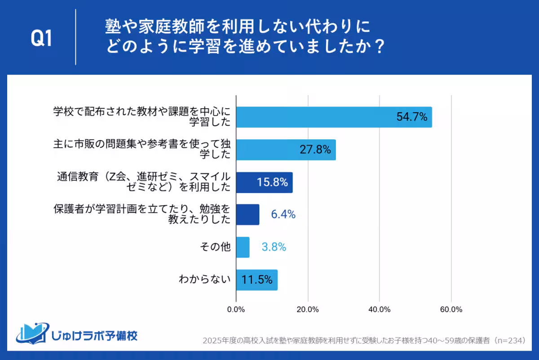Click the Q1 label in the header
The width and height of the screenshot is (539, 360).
click(41, 39)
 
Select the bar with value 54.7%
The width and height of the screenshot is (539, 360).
click(334, 117)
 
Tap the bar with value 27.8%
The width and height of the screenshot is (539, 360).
click(286, 150)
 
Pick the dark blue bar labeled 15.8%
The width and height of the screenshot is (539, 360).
click(264, 182)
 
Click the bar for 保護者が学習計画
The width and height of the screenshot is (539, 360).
click(247, 215)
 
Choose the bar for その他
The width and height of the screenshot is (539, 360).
click(243, 247)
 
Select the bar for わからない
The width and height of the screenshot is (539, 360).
click(256, 280)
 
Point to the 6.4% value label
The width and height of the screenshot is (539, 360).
click(283, 215)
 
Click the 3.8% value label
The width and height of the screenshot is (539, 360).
click(274, 247)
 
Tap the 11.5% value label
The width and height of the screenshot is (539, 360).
click(257, 280)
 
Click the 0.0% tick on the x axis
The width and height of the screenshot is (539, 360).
click(236, 309)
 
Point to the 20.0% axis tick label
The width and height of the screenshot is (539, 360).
click(308, 309)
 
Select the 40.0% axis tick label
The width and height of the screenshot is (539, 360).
click(380, 309)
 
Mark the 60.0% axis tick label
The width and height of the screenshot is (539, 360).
click(451, 309)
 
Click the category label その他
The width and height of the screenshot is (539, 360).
click(217, 247)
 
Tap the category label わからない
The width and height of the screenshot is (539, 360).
click(205, 280)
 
